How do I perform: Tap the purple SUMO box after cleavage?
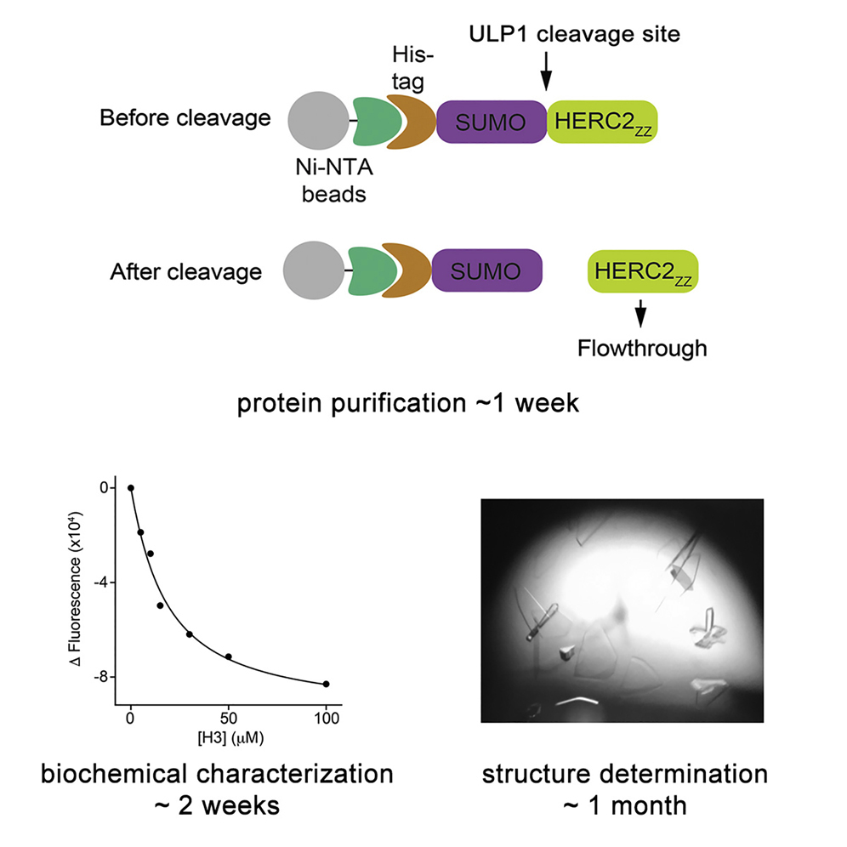(x=487, y=272)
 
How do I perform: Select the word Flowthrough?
(x=641, y=348)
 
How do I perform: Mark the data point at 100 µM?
(x=326, y=684)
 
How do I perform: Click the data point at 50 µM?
(x=228, y=657)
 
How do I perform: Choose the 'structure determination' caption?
(x=625, y=775)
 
